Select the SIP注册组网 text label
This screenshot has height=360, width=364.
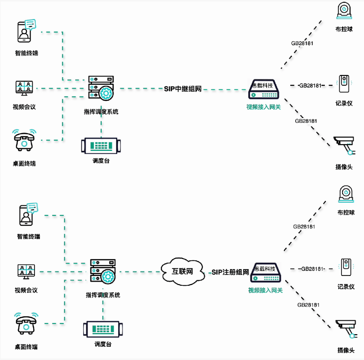230,272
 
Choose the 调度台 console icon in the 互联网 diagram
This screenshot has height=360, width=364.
103,329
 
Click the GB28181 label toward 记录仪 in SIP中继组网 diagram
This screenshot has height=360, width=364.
310,85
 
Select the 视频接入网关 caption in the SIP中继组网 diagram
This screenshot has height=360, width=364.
263,107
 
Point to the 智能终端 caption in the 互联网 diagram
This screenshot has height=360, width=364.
29,236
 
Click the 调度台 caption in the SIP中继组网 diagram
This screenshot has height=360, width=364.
101,160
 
